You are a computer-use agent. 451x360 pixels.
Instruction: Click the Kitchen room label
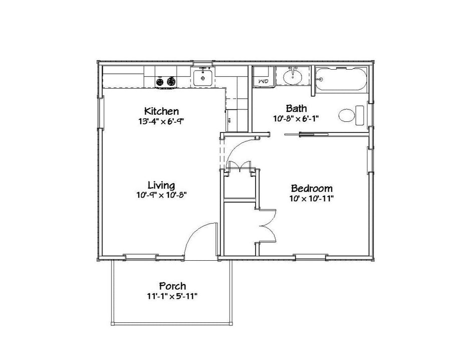click(x=161, y=111)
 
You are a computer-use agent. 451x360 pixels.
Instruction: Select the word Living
click(x=161, y=185)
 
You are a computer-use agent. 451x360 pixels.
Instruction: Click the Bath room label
click(x=296, y=108)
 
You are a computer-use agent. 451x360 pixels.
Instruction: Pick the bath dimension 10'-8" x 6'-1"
click(x=296, y=118)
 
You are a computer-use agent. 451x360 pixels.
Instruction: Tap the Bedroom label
click(x=312, y=189)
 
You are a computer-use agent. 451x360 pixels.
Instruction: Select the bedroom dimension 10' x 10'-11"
click(x=312, y=198)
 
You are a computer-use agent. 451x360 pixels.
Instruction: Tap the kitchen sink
click(x=203, y=78)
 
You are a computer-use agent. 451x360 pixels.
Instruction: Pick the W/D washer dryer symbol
click(x=263, y=80)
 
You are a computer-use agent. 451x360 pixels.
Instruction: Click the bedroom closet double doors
click(x=266, y=227)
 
